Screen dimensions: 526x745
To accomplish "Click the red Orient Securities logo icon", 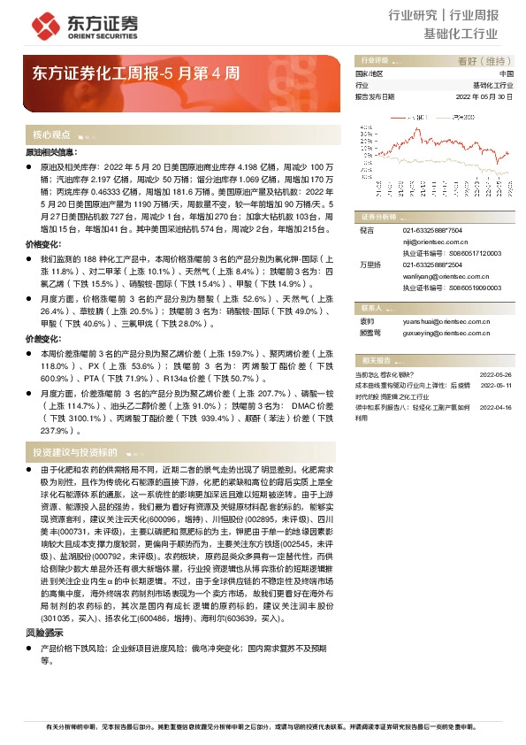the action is coord(46,24).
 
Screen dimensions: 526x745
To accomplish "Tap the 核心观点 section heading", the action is coord(51,135).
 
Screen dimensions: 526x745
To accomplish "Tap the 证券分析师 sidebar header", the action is coord(378,216).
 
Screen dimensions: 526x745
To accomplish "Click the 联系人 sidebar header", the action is coord(372,307).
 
